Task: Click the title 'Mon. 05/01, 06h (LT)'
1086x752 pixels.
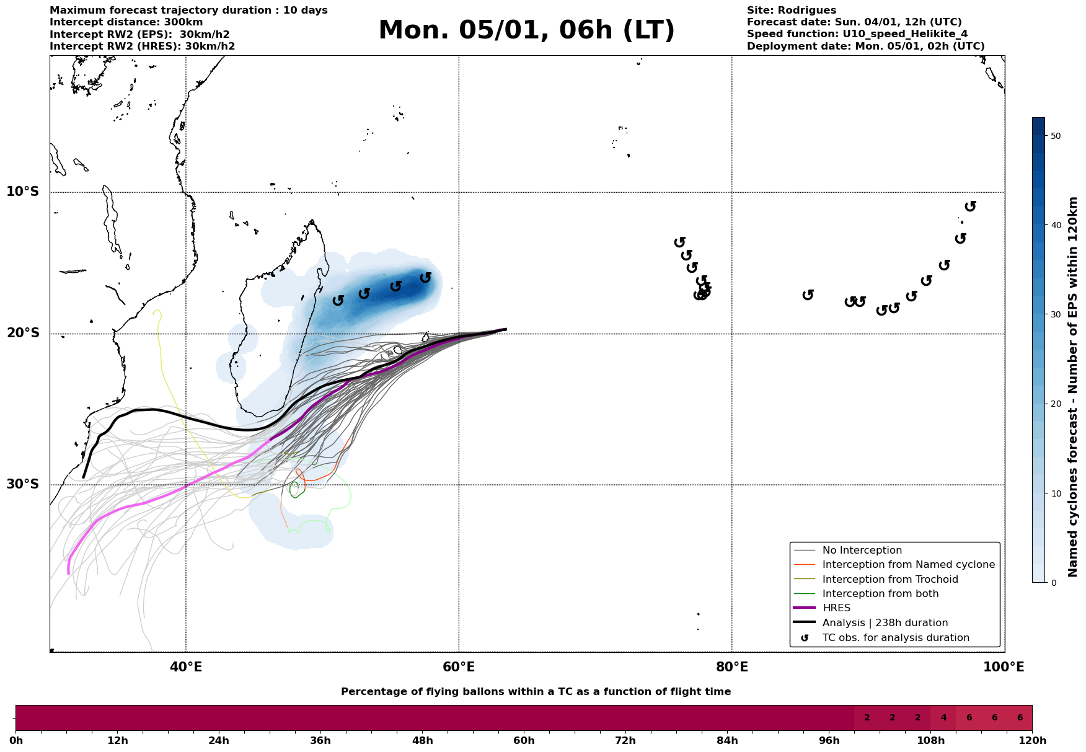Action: [x=526, y=30]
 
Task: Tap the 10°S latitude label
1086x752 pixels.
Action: [x=23, y=192]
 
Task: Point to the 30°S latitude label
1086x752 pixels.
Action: [x=23, y=484]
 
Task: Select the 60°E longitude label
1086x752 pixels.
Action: [x=459, y=667]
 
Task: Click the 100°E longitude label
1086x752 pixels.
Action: [x=1004, y=667]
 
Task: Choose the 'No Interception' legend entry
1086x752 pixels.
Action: [x=862, y=551]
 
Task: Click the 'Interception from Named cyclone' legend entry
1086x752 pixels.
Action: [x=908, y=565]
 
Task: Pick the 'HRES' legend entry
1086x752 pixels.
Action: [x=836, y=608]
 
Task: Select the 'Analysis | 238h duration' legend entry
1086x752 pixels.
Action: [x=885, y=623]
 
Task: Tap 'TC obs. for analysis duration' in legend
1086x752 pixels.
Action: [x=895, y=638]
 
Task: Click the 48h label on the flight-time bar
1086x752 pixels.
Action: [x=422, y=741]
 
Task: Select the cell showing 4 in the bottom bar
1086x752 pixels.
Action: [x=943, y=718]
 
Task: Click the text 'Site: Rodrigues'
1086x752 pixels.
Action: [x=791, y=11]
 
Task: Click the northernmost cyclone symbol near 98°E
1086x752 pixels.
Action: [x=971, y=206]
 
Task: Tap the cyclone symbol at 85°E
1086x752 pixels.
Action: [x=808, y=294]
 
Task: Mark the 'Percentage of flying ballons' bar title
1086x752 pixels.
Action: [x=536, y=692]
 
